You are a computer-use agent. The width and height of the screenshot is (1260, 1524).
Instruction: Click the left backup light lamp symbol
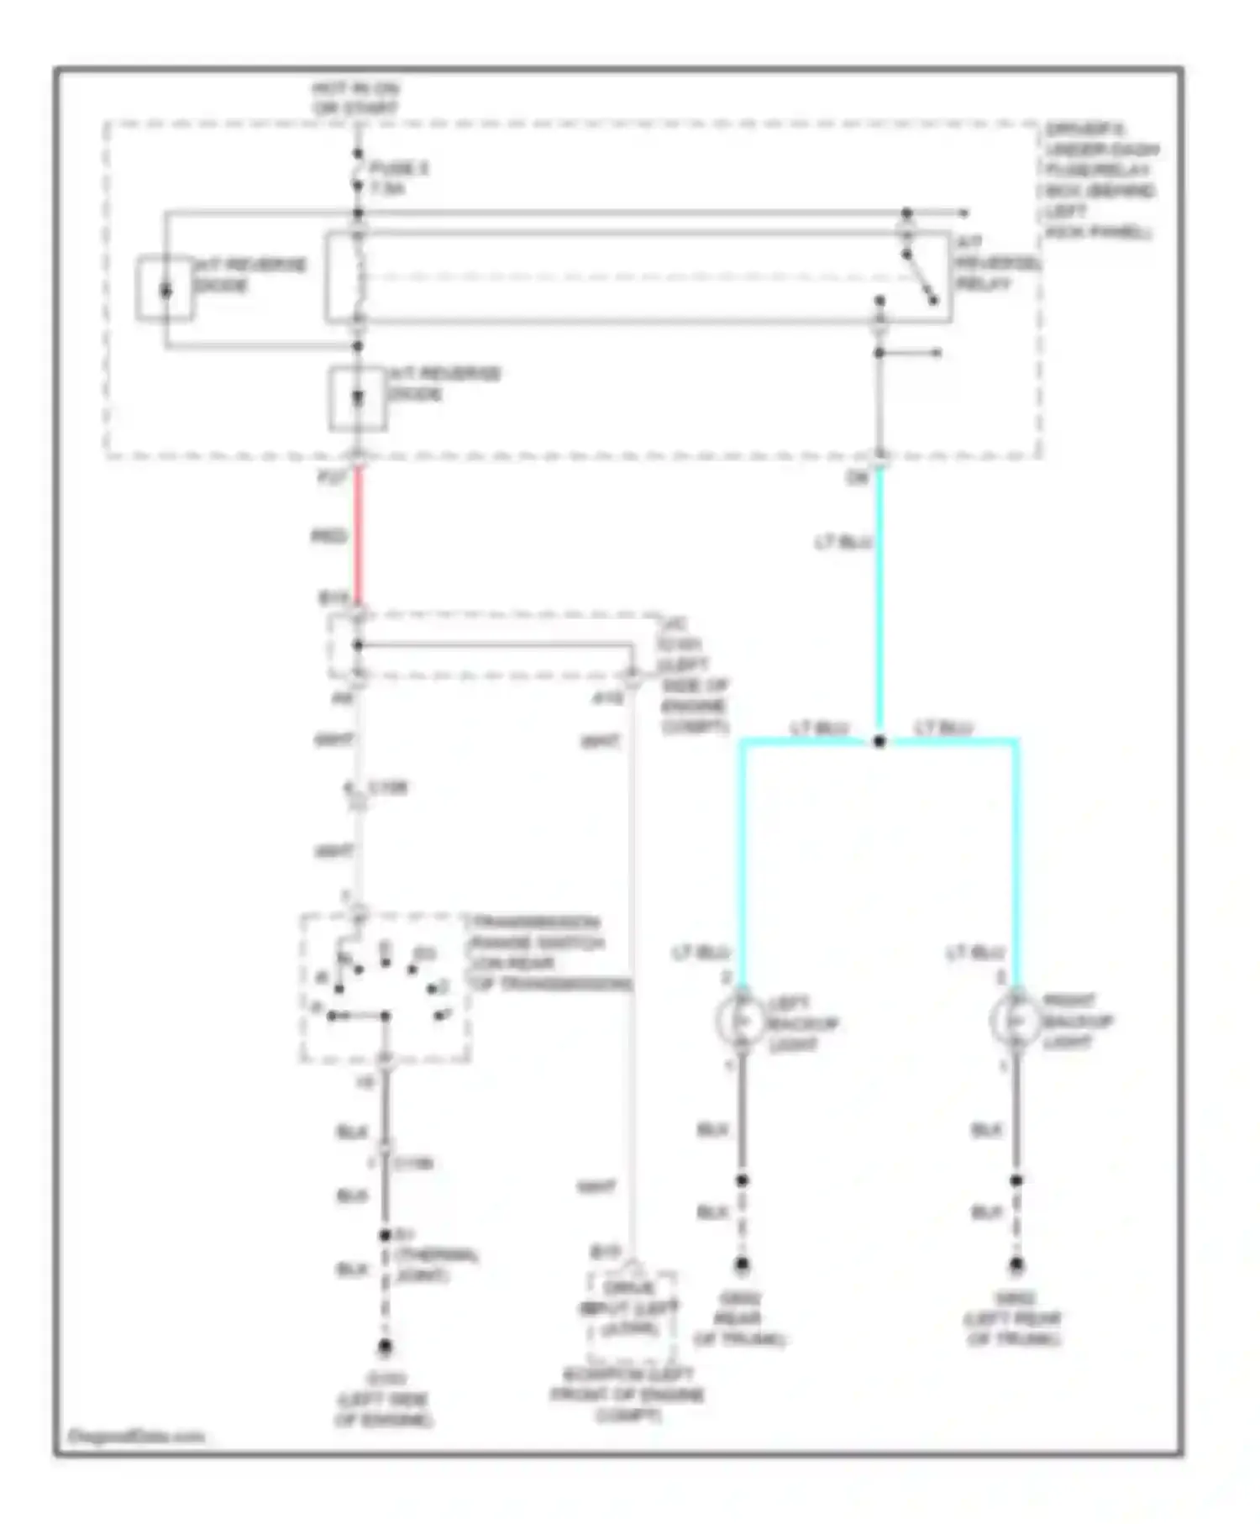point(742,1020)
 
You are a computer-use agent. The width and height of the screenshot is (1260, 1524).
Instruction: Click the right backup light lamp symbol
point(1016,1020)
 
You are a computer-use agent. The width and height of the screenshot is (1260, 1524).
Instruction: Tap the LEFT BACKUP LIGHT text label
point(802,1023)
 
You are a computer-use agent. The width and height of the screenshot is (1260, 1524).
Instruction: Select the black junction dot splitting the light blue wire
point(879,741)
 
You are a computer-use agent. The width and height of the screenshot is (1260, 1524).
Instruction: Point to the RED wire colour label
point(328,536)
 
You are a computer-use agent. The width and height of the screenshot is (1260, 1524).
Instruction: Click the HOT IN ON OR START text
point(355,97)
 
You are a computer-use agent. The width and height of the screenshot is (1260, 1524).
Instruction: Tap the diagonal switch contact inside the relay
point(920,277)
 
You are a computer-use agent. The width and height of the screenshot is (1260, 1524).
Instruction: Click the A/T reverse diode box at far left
point(165,289)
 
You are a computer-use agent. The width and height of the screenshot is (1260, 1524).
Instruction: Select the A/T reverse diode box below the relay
point(357,398)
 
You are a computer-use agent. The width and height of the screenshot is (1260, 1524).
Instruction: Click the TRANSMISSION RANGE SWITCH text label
point(548,952)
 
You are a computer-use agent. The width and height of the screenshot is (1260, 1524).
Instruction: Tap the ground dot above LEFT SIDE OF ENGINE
point(385,1347)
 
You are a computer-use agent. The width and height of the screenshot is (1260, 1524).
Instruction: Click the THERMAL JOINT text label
point(435,1264)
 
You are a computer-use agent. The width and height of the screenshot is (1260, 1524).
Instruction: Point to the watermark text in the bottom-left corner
point(136,1437)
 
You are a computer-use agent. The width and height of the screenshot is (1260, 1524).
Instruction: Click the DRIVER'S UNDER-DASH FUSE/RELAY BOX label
point(1100,180)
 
